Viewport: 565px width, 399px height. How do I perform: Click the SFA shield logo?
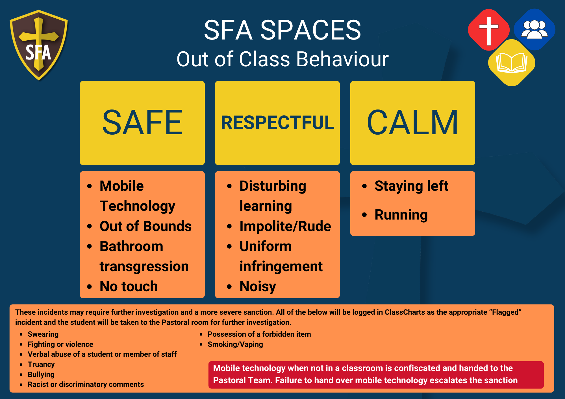[39, 45]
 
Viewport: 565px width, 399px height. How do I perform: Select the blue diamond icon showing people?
[534, 30]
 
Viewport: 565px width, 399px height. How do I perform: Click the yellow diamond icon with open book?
[512, 63]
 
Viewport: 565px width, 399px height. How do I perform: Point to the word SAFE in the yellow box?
[142, 122]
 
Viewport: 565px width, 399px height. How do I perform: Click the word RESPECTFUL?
[277, 123]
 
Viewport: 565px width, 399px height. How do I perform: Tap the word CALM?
[412, 122]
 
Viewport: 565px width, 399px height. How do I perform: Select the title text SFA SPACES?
[282, 30]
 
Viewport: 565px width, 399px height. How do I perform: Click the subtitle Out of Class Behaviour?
[282, 59]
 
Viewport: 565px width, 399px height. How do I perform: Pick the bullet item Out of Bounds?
[145, 226]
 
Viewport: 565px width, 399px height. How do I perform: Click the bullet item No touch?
[129, 286]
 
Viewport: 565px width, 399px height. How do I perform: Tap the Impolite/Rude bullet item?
[285, 226]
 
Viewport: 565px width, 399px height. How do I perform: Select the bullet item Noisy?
[258, 286]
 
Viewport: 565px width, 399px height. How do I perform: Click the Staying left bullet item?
[411, 186]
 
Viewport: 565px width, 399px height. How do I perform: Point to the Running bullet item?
[401, 215]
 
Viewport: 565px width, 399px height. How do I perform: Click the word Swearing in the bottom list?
[43, 334]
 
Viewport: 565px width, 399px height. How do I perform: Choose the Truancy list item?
[41, 364]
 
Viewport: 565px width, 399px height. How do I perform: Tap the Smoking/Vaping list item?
[235, 344]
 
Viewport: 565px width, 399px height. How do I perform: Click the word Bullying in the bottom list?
[41, 374]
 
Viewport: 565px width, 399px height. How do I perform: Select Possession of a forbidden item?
[259, 334]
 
